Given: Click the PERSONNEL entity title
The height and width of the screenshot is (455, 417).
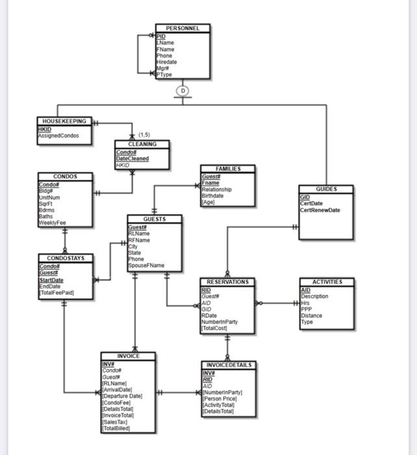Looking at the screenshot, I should coord(183,29).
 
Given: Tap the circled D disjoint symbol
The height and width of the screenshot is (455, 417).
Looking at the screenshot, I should coord(183,91).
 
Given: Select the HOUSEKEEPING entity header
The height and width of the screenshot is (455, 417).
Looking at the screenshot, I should coord(64,122).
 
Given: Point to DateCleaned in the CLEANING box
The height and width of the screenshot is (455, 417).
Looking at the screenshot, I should coord(133,159).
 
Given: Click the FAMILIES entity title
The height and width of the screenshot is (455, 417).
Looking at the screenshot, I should coord(227,169).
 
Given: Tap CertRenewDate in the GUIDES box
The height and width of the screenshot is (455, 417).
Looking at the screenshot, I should coord(320,210).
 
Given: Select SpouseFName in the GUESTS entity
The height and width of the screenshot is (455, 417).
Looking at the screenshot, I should coord(146,265).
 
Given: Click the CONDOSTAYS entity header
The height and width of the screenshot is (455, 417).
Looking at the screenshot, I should coord(65,258).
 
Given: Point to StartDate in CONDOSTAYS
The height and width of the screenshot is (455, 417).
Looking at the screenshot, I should coord(51,280).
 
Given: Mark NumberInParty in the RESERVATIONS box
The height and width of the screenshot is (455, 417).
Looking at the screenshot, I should coord(220,322).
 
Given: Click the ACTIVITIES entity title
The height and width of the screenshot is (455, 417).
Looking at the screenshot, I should coord(327,282).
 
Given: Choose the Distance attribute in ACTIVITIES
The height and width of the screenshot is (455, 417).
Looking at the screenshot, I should coord(312,315).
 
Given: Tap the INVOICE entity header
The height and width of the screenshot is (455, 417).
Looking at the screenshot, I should coord(128,356).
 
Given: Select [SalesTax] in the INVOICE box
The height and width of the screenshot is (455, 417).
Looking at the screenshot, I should coord(116,422).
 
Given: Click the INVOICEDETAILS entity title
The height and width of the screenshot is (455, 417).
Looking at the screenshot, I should coord(227,365).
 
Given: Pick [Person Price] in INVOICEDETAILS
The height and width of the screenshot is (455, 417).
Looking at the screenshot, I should coord(221,398).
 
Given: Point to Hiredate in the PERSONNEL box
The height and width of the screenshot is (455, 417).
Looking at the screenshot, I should coord(166,62).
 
